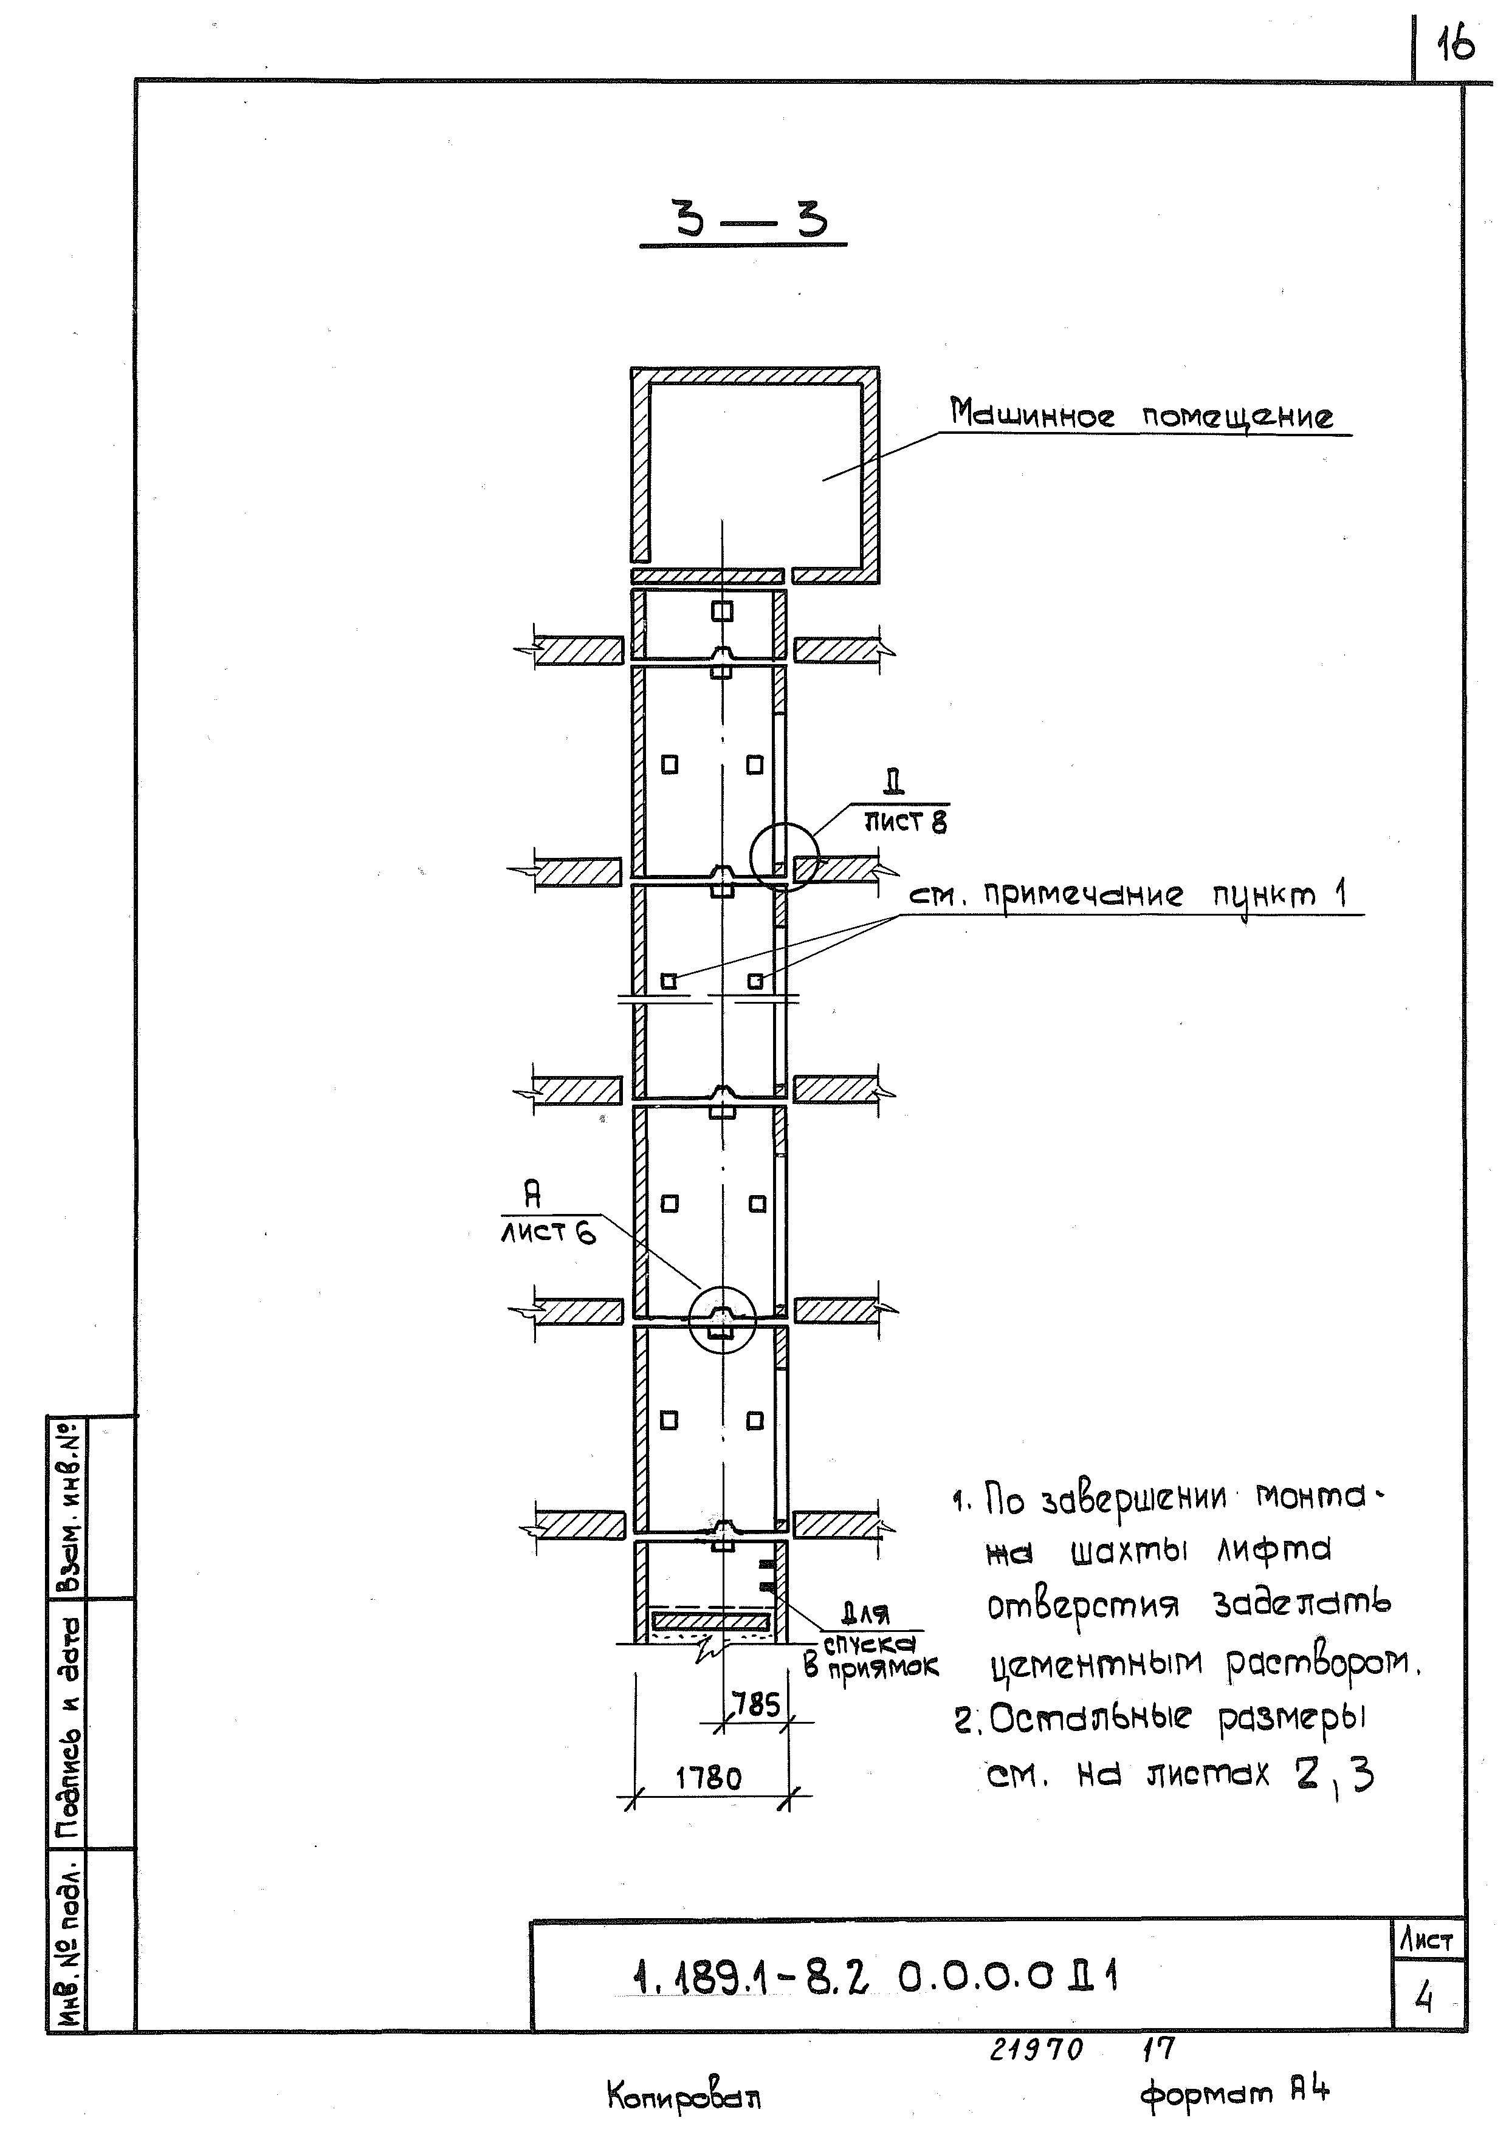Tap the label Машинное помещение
click(x=1141, y=414)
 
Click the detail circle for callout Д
click(x=784, y=857)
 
